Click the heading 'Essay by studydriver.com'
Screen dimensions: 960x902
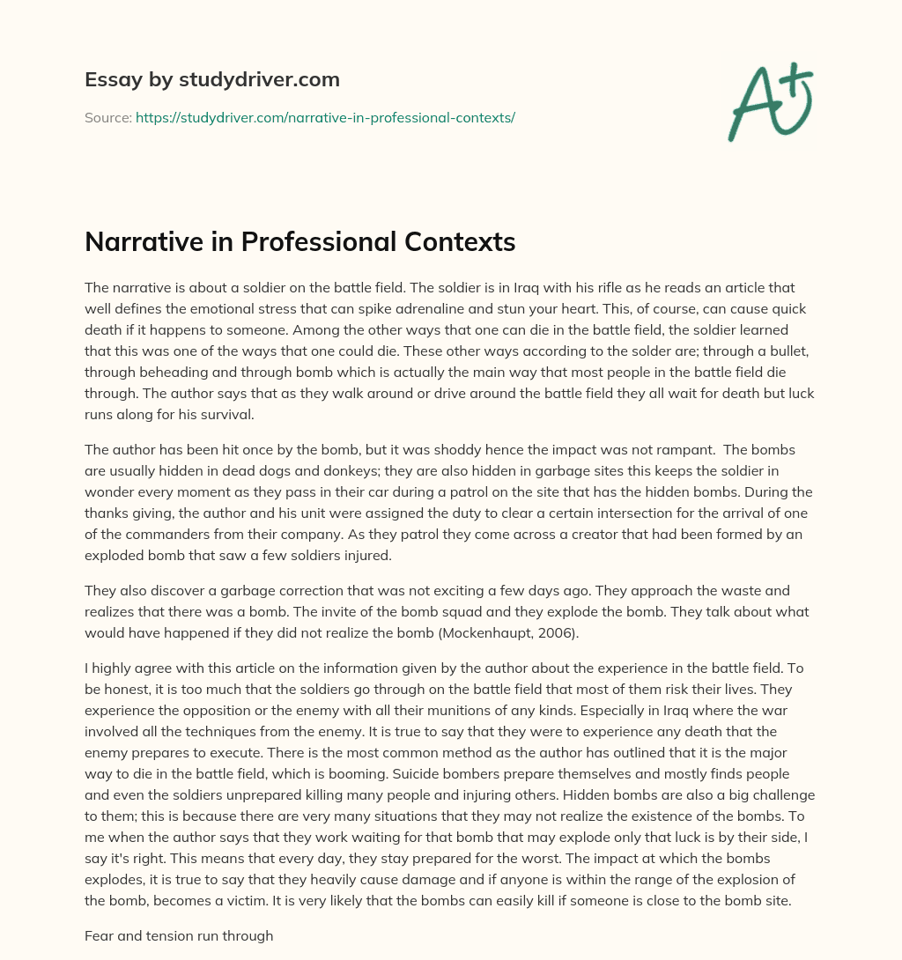click(x=211, y=80)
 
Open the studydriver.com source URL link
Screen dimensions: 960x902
click(x=325, y=117)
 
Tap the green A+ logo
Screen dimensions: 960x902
click(x=770, y=102)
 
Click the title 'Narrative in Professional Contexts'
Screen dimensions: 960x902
click(x=299, y=242)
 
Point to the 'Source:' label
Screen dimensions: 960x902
click(x=107, y=117)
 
